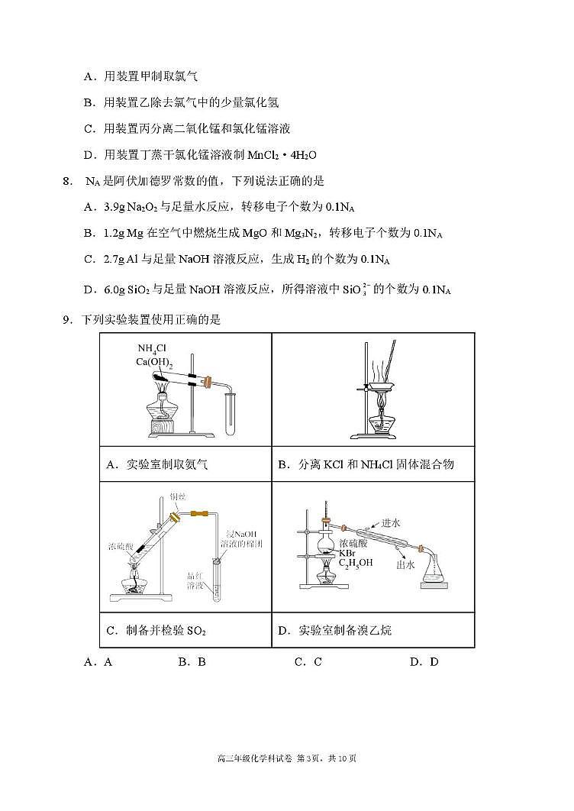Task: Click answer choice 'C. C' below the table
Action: pos(308,662)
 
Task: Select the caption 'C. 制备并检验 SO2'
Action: pos(156,631)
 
